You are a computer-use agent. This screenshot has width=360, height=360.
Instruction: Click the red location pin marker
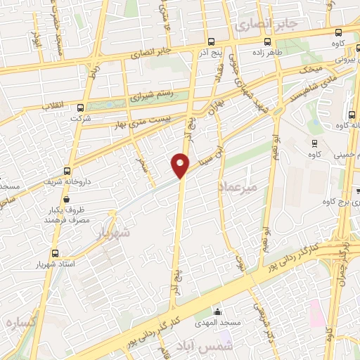[180, 165]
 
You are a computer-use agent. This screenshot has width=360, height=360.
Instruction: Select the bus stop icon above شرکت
[80, 108]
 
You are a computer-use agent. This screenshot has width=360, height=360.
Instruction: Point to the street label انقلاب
[53, 105]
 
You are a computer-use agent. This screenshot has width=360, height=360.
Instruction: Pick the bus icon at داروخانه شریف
[67, 171]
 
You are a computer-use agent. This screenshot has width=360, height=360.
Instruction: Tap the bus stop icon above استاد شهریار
[55, 254]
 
